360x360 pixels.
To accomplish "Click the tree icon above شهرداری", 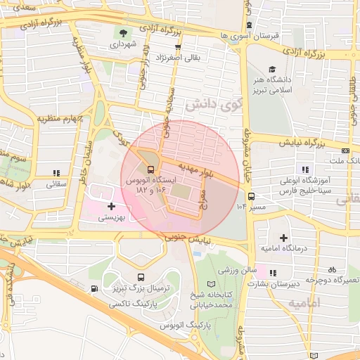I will click(124, 32).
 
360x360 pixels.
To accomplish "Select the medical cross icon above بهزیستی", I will click(111, 206).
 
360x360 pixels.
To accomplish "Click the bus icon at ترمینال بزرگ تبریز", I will click(141, 277).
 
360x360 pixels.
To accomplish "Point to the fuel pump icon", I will click(94, 289).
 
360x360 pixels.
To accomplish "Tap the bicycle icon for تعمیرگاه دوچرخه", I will click(332, 269).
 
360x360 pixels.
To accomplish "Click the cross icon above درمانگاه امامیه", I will click(283, 240).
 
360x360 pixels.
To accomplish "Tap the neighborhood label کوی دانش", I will click(210, 105).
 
